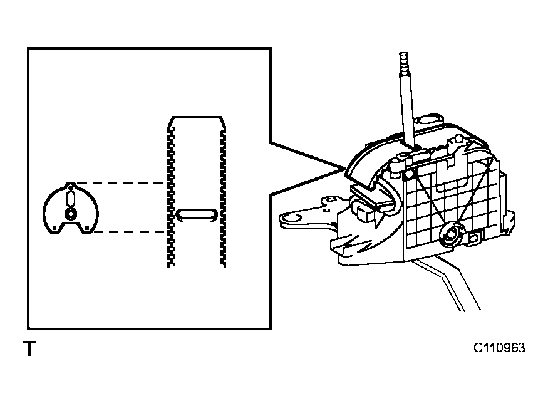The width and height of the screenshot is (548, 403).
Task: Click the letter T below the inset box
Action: (x=29, y=348)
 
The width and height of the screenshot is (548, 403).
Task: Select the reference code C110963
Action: (x=499, y=348)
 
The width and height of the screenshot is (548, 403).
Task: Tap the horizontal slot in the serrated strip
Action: (x=197, y=214)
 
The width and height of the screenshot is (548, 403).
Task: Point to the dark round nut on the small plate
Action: (x=70, y=214)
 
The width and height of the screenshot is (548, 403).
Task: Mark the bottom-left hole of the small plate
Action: (x=54, y=228)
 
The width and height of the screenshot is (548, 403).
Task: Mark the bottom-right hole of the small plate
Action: (x=86, y=228)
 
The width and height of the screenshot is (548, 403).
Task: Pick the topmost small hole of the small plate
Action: (x=70, y=187)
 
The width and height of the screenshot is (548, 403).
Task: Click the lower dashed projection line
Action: (x=129, y=232)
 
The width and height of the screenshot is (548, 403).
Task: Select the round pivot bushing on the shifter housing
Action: (x=453, y=234)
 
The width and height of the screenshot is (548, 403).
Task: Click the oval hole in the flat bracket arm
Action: (x=291, y=218)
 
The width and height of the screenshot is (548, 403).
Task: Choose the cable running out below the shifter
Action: (x=445, y=283)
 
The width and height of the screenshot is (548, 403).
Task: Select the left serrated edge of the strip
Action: (x=170, y=197)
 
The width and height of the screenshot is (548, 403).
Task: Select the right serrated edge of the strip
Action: (x=223, y=197)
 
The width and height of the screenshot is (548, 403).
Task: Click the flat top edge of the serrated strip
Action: (x=197, y=117)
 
